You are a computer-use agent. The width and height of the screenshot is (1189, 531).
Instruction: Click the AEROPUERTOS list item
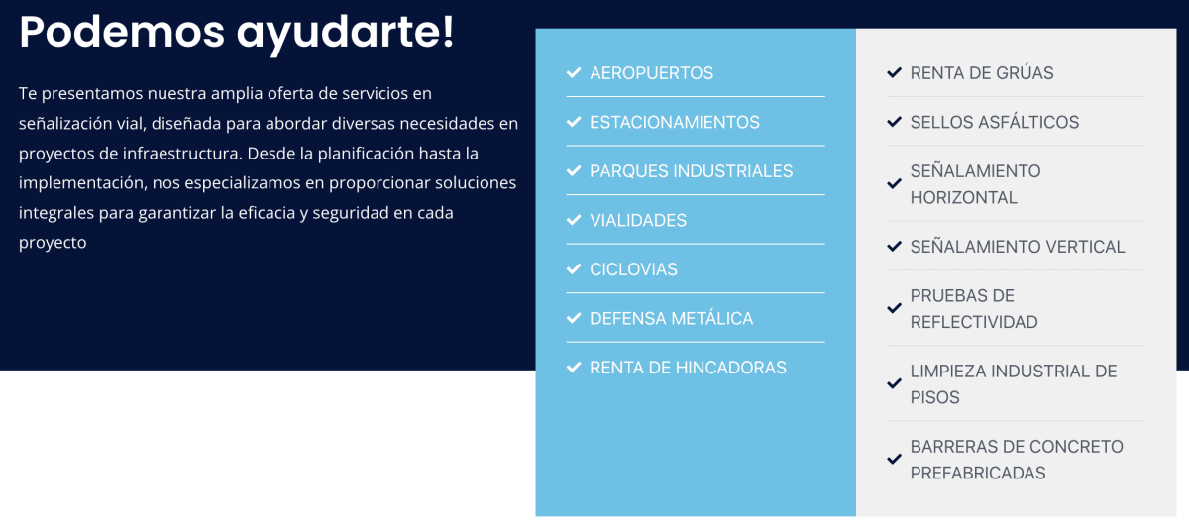point(651,73)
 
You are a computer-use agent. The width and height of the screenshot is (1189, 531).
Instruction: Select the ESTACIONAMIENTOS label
point(675,123)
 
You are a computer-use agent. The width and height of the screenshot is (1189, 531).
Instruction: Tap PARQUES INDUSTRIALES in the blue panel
point(692,171)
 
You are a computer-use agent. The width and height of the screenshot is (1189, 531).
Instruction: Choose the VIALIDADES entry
point(638,221)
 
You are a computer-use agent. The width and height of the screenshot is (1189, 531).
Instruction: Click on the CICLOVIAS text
point(633,269)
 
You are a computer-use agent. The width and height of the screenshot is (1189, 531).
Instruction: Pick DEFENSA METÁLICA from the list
point(671,318)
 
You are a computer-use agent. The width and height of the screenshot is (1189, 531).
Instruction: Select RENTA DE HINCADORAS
point(688,368)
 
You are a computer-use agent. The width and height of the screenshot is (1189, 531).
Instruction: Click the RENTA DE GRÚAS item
point(982,73)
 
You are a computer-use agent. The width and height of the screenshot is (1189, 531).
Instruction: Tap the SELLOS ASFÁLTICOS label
point(995,122)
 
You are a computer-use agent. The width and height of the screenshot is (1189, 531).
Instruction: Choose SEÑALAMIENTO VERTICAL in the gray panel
point(1018,247)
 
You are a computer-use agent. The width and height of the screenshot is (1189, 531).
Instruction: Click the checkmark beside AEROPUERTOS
point(574,72)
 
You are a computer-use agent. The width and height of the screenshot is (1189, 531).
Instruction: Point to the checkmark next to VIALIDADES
point(574,220)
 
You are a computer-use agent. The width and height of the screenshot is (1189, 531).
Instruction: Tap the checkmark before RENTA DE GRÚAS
point(895,72)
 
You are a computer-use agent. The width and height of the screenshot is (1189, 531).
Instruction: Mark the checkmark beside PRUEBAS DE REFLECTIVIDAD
point(895,308)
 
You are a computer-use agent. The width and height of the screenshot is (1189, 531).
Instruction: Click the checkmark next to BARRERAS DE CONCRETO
point(895,459)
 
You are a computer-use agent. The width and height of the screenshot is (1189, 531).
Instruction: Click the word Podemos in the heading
point(122,32)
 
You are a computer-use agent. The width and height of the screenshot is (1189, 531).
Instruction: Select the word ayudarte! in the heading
point(345,34)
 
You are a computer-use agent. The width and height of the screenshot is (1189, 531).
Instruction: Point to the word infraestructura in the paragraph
point(182,154)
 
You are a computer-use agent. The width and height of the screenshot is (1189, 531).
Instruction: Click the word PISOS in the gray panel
point(934,397)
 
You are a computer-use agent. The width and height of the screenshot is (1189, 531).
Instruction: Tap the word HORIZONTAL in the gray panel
point(964,198)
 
